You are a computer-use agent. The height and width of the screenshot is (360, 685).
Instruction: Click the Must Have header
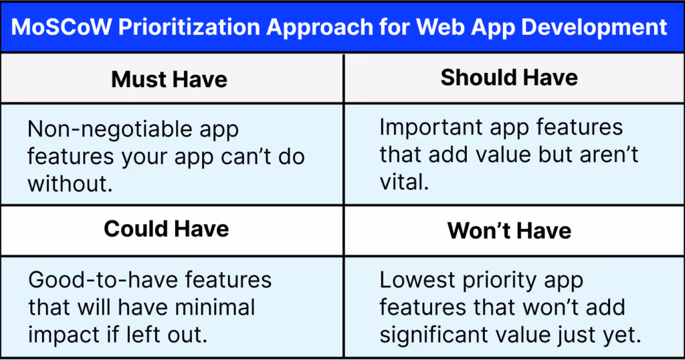coord(169,79)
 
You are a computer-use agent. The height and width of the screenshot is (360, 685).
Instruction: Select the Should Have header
coord(509,78)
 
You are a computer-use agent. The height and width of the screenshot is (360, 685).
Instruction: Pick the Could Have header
coord(167,229)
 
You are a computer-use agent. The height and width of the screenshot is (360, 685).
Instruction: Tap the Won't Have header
coord(509,231)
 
